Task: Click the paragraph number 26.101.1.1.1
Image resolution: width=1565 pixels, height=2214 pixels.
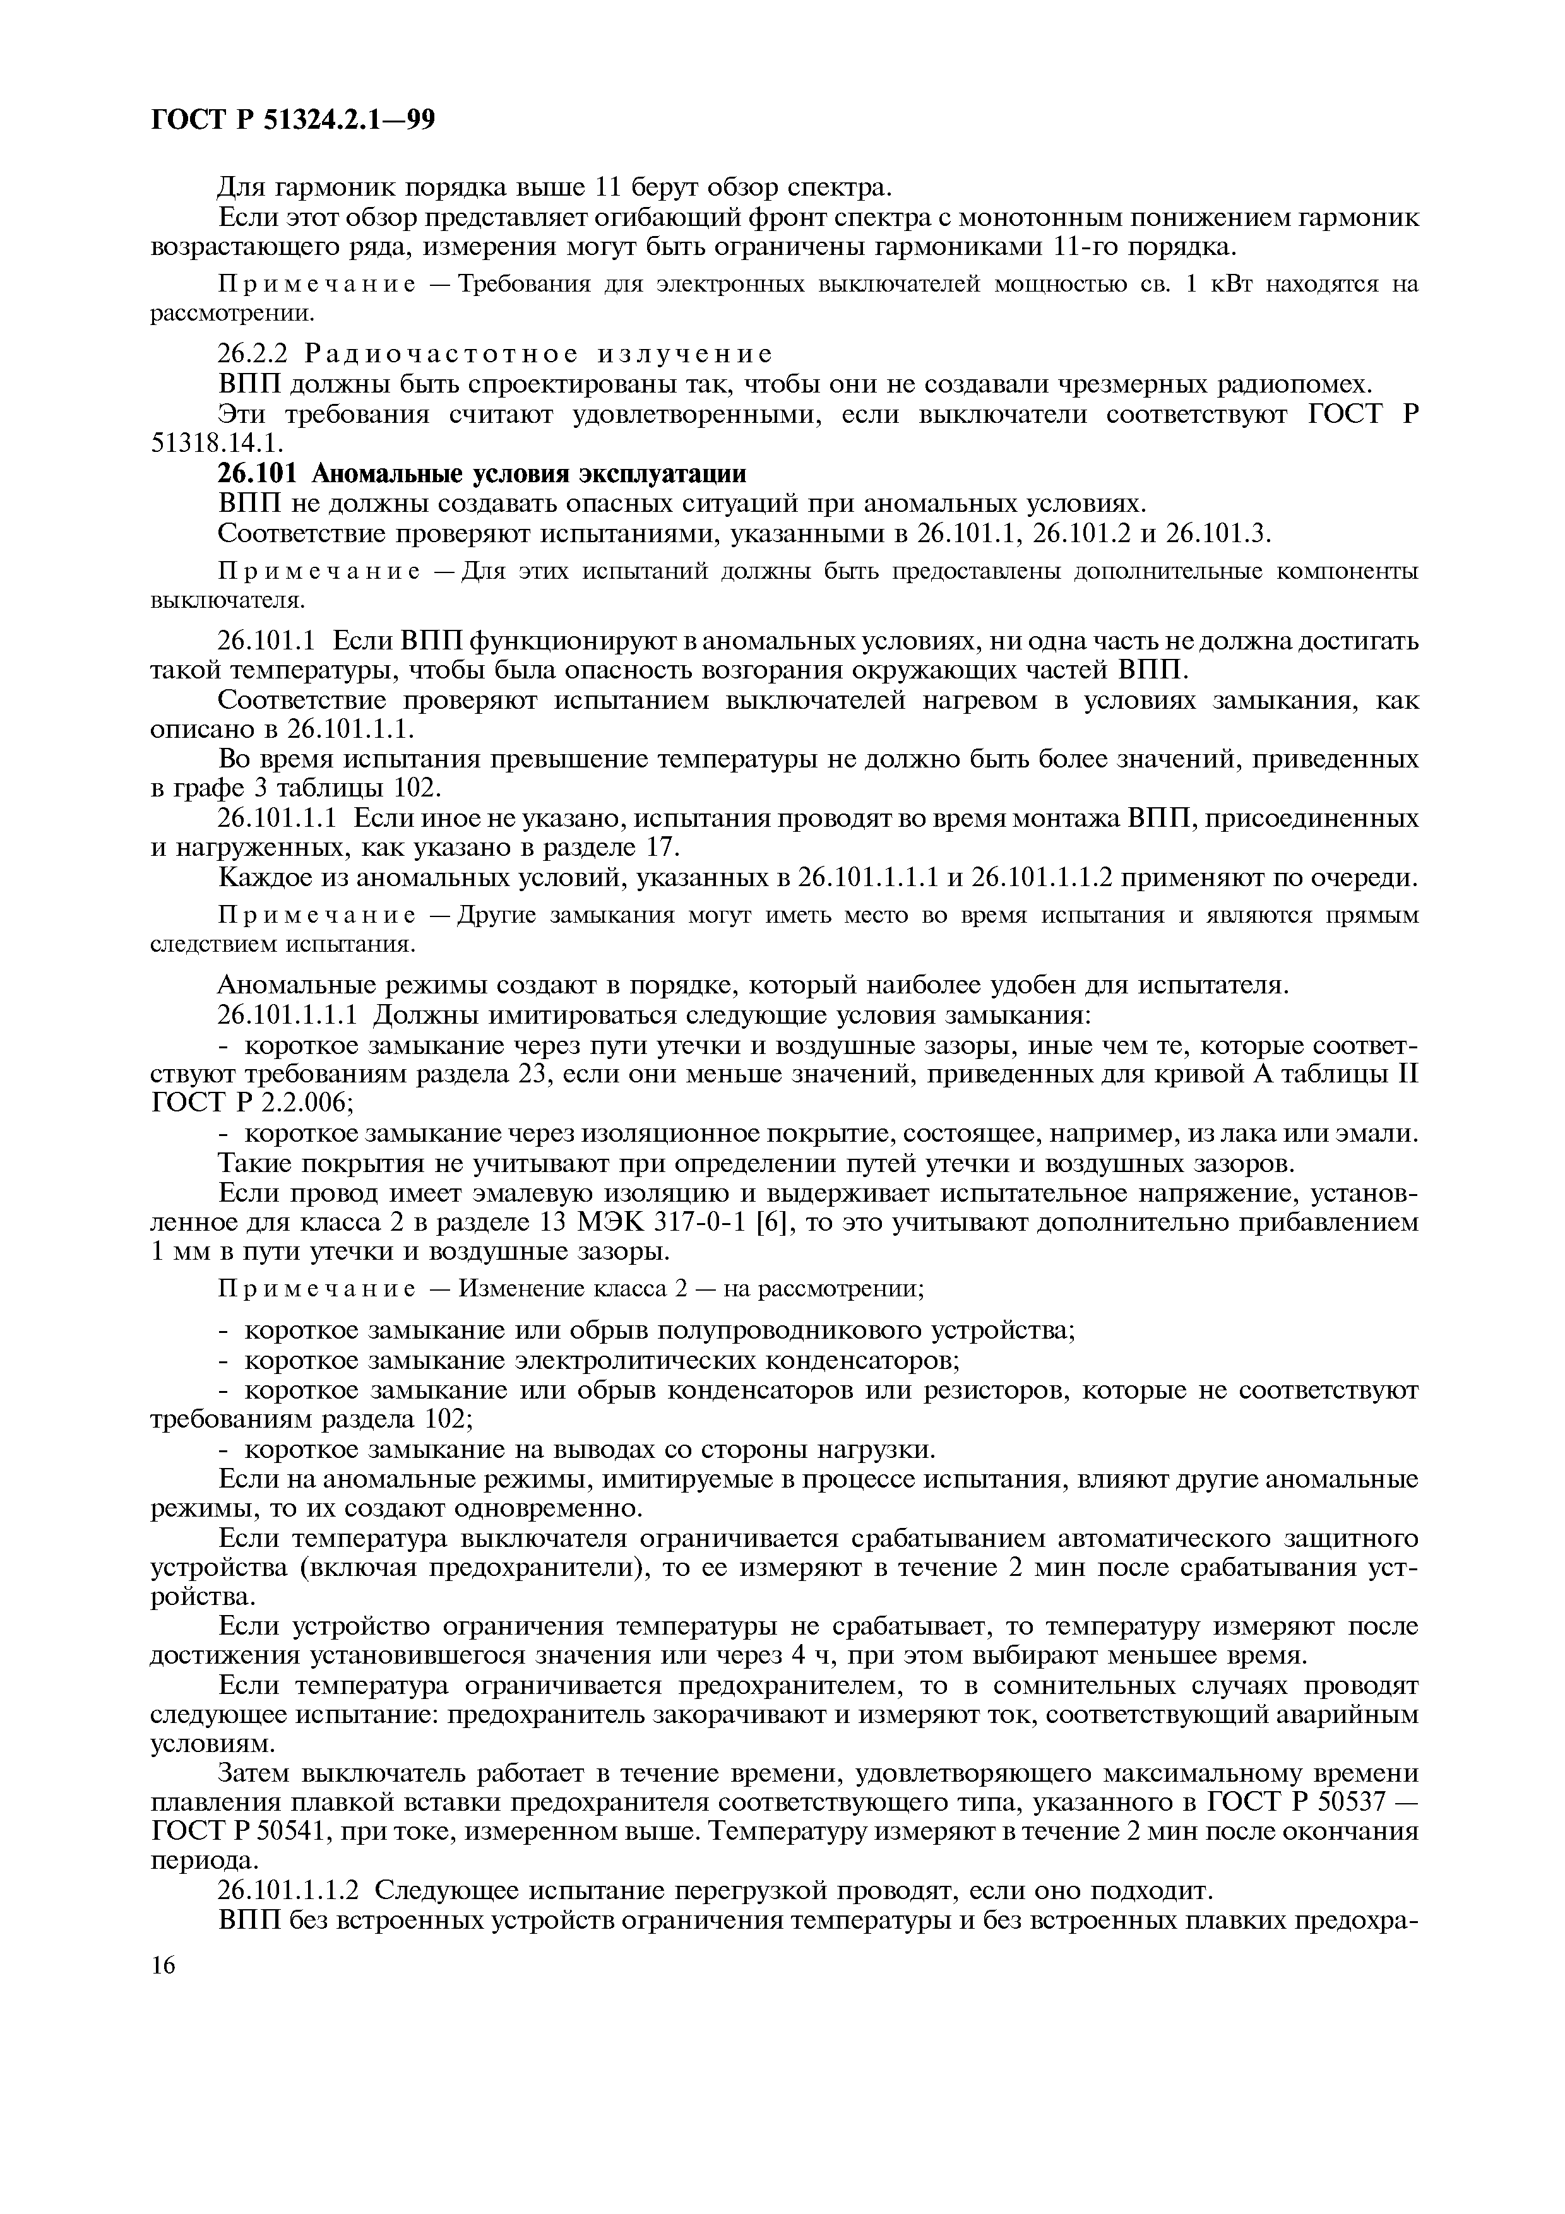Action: pyautogui.click(x=289, y=1014)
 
